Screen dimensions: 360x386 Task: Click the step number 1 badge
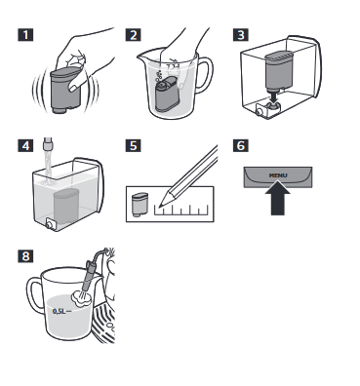tap(25, 35)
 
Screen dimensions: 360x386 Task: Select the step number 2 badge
tap(134, 35)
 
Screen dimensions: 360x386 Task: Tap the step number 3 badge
tap(241, 35)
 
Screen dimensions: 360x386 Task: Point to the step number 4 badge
tap(25, 145)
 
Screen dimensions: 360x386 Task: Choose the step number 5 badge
tap(134, 145)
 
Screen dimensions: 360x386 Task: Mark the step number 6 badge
tap(241, 145)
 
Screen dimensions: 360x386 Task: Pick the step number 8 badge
tap(25, 255)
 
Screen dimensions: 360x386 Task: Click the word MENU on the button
tap(278, 175)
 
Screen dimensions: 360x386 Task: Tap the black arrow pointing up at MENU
tap(278, 199)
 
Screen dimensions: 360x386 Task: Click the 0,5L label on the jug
tap(60, 311)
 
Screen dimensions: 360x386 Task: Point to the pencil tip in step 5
tap(160, 205)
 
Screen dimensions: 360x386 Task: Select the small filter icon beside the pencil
tap(140, 205)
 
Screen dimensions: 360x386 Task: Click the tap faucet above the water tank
tap(48, 143)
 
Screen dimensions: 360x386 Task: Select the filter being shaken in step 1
tap(66, 91)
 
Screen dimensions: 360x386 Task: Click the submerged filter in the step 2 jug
tap(167, 95)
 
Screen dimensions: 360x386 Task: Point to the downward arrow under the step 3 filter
tap(274, 97)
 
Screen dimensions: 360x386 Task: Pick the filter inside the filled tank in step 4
tap(66, 208)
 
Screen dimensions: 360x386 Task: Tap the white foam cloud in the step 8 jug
tap(81, 298)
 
